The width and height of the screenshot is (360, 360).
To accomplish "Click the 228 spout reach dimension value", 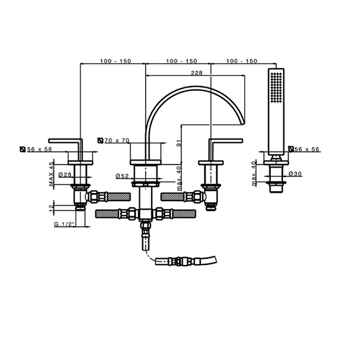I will coord(196,73).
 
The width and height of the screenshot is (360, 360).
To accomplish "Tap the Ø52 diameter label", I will coord(122,175).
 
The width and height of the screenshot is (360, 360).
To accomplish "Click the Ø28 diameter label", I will coord(65,175).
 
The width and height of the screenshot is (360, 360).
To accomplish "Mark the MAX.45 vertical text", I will coord(52,173).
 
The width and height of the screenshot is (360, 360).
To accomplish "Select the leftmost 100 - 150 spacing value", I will coord(116,61).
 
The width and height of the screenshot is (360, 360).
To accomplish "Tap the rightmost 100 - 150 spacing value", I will coord(241,61).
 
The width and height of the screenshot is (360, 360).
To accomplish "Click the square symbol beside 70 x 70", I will coord(100,140).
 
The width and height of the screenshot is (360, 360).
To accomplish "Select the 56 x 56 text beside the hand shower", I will coord(308,149).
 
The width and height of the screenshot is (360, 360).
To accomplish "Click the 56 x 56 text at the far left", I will coord(40,149).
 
